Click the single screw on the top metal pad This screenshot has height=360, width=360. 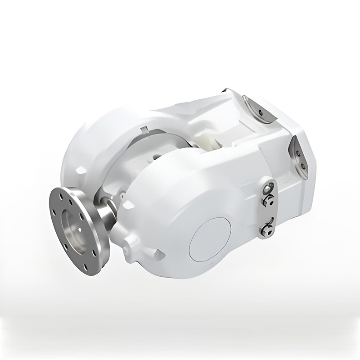coord(261,112)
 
